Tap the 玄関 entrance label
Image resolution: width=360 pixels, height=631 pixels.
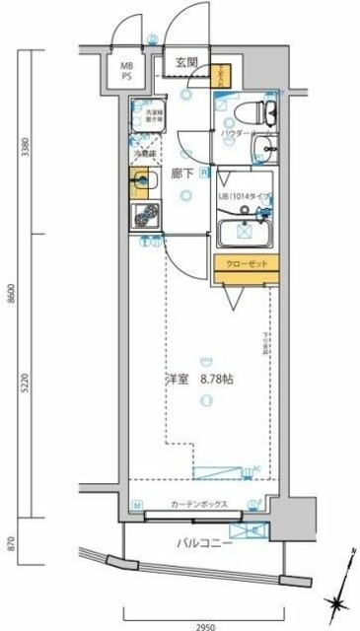(x=188, y=62)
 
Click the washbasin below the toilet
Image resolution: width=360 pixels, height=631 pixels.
(x=265, y=149)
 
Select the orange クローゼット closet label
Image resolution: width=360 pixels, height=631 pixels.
(x=246, y=264)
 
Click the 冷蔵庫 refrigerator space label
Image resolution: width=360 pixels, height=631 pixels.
(x=144, y=153)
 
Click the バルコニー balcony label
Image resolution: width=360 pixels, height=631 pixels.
(x=205, y=543)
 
